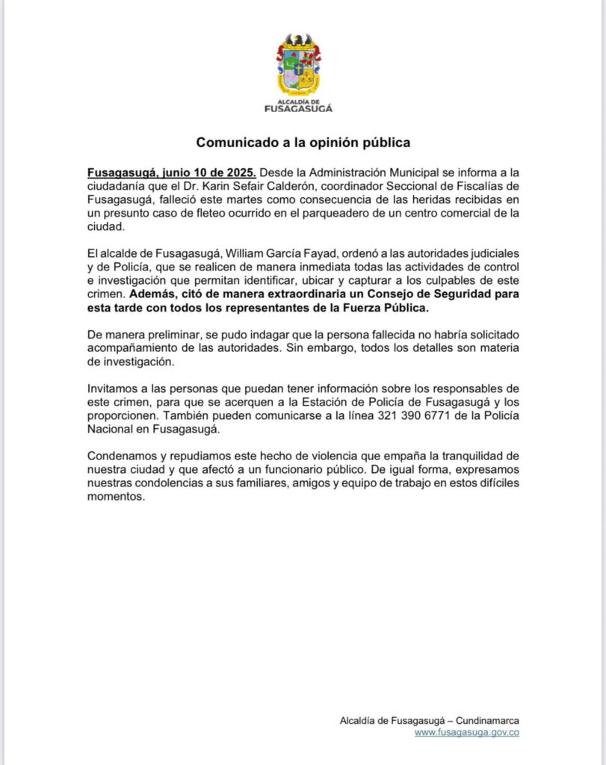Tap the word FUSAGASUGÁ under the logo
point(299,108)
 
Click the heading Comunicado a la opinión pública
point(303,141)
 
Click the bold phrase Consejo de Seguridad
point(438,294)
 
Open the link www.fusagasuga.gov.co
point(467,732)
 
